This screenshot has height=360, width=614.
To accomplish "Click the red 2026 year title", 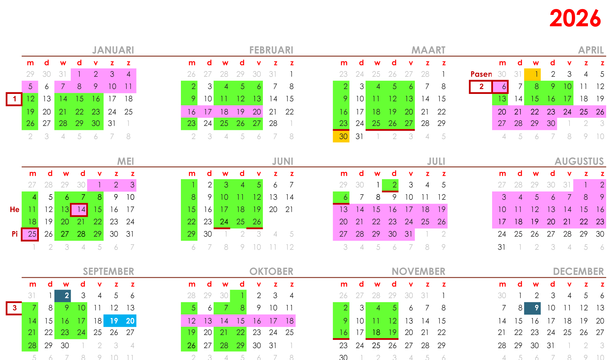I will (575, 18).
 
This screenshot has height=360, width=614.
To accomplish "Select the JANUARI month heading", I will (113, 50).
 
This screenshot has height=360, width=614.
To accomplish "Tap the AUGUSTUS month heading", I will (579, 161).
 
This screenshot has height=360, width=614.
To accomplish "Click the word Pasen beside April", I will (481, 74).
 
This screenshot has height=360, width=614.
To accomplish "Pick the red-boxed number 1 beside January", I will (14, 99).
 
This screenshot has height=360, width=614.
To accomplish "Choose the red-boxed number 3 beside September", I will (14, 308).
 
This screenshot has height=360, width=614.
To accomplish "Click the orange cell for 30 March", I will (341, 136).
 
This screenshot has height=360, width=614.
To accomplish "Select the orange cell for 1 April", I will (532, 74).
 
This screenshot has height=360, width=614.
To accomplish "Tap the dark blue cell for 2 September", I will (63, 296).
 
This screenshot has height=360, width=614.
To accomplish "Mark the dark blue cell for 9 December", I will (532, 308).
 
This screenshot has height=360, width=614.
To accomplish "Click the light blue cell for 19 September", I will (112, 321).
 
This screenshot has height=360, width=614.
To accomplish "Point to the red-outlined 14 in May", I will (79, 210).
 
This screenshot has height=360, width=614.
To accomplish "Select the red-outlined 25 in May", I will (30, 234).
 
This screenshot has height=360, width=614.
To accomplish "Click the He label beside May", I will (15, 210).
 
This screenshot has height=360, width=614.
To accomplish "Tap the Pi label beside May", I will (15, 234).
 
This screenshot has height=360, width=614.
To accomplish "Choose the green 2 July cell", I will (390, 185).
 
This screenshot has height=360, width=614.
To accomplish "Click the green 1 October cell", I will (238, 296).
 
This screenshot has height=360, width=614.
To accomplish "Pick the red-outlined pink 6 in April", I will (500, 87).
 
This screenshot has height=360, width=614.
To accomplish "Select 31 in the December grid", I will (551, 345).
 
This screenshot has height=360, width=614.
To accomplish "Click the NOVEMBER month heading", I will (418, 271).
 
